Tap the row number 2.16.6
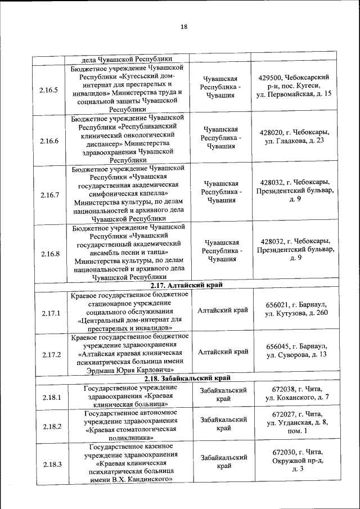pyautogui.click(x=49, y=141)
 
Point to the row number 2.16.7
pyautogui.click(x=49, y=195)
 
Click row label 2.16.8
pyautogui.click(x=49, y=254)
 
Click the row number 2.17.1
pyautogui.click(x=51, y=313)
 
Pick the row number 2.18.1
pyautogui.click(x=51, y=398)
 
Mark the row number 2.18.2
pyautogui.click(x=51, y=426)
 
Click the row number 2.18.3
pyautogui.click(x=51, y=464)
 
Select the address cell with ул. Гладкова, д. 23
pyautogui.click(x=294, y=136)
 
